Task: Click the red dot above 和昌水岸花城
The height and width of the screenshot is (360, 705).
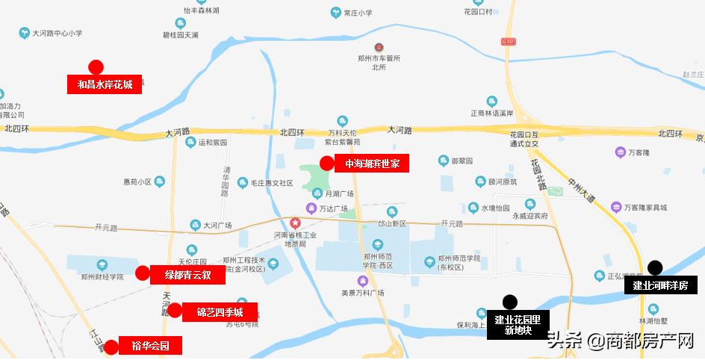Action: point(96,66)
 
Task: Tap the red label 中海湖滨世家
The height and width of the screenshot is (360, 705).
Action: point(372,164)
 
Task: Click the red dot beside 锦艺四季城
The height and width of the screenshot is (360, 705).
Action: point(175,311)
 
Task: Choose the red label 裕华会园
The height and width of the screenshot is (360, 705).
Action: point(150,346)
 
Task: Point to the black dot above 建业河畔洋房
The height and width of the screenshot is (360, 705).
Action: point(655,267)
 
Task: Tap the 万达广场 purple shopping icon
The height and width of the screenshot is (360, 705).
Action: point(311,208)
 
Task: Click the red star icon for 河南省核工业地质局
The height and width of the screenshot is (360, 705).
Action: point(296,223)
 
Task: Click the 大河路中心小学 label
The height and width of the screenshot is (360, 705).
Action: point(57,33)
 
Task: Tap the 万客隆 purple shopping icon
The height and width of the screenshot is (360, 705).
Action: point(620,152)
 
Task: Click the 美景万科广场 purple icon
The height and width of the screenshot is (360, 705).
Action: point(363,281)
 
